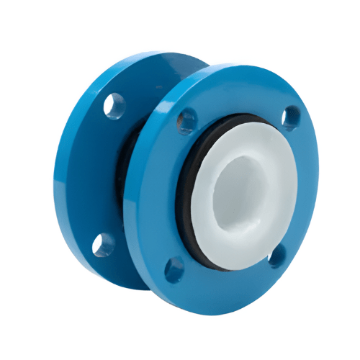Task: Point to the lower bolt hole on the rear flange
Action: (x=102, y=243)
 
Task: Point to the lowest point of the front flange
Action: (x=216, y=310)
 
